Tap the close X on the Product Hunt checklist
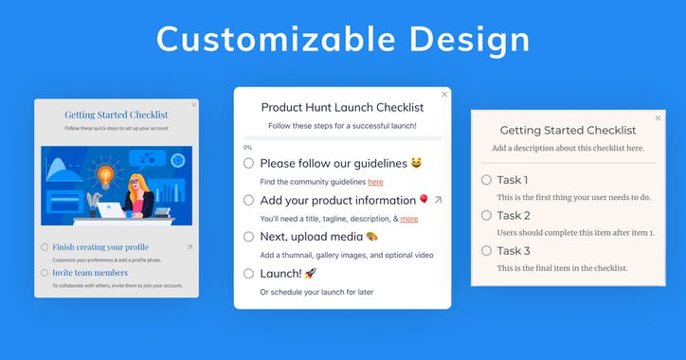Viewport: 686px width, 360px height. pyautogui.click(x=444, y=94)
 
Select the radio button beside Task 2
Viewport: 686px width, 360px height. pyautogui.click(x=486, y=215)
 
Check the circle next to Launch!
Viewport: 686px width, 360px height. pyautogui.click(x=249, y=273)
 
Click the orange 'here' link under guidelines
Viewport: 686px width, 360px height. pyautogui.click(x=375, y=182)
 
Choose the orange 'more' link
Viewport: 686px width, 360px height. pyautogui.click(x=408, y=219)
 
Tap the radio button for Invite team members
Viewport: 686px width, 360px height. pyautogui.click(x=45, y=273)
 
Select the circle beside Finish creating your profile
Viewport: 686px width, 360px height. pyautogui.click(x=45, y=247)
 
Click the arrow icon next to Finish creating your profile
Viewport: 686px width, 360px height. pyautogui.click(x=189, y=247)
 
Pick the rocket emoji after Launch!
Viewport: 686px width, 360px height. pyautogui.click(x=310, y=273)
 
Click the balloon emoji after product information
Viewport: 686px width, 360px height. pyautogui.click(x=423, y=200)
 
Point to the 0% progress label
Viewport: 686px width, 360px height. pyautogui.click(x=248, y=147)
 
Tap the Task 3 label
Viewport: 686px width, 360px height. pyautogui.click(x=513, y=250)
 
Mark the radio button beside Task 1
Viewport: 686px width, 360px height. pyautogui.click(x=486, y=180)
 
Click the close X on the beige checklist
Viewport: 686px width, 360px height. pyautogui.click(x=659, y=117)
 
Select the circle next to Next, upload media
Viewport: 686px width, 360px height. pyautogui.click(x=249, y=236)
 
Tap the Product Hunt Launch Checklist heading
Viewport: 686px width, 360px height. pyautogui.click(x=342, y=107)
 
